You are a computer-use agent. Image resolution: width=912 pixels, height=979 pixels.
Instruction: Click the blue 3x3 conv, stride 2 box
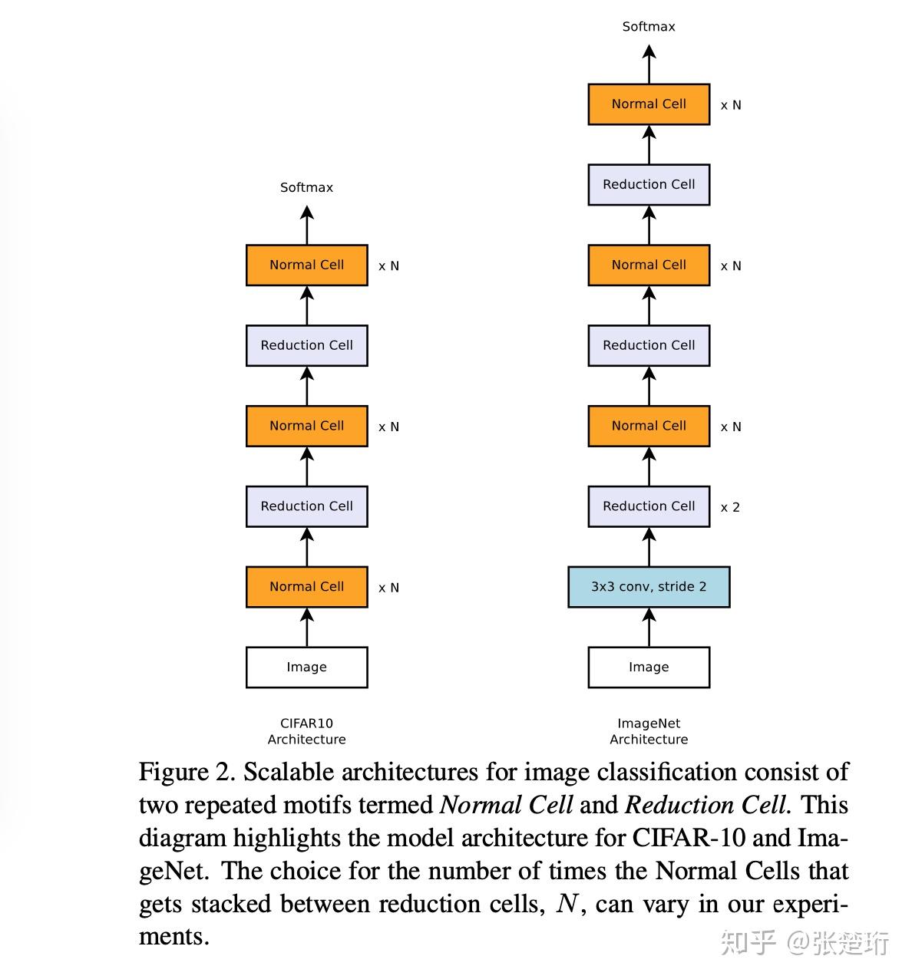pyautogui.click(x=649, y=587)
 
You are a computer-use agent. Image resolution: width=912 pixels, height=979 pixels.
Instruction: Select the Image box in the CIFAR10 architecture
pyautogui.click(x=306, y=667)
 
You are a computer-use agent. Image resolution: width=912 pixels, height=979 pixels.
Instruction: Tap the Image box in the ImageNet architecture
pyautogui.click(x=649, y=667)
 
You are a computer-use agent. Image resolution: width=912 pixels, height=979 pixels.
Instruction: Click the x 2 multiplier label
pyautogui.click(x=730, y=507)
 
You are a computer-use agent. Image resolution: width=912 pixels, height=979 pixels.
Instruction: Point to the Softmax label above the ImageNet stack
pyautogui.click(x=649, y=27)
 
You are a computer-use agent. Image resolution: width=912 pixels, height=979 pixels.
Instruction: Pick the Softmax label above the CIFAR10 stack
pyautogui.click(x=306, y=187)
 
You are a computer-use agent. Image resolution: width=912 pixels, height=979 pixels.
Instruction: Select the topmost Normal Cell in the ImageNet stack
pyautogui.click(x=649, y=104)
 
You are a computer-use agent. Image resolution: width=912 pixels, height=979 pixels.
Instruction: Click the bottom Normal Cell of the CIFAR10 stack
pyautogui.click(x=306, y=587)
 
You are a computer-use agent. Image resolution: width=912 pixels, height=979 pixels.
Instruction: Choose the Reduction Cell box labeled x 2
pyautogui.click(x=649, y=506)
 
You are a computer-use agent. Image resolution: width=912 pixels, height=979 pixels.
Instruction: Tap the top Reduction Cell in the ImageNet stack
pyautogui.click(x=649, y=185)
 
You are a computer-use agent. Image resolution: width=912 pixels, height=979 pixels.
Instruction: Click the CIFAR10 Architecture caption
pyautogui.click(x=306, y=731)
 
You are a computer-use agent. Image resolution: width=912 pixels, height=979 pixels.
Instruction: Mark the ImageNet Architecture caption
pyautogui.click(x=649, y=731)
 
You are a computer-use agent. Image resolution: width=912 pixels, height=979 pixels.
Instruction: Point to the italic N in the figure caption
pyautogui.click(x=567, y=904)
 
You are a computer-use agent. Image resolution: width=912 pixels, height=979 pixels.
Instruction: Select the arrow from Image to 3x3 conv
pyautogui.click(x=649, y=627)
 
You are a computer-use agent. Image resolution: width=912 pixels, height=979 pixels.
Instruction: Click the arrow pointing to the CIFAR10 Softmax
pyautogui.click(x=307, y=226)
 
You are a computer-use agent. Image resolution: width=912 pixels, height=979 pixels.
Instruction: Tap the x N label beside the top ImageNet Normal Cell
pyautogui.click(x=731, y=105)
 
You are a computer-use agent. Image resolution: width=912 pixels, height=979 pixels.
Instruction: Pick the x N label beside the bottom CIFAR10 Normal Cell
pyautogui.click(x=388, y=588)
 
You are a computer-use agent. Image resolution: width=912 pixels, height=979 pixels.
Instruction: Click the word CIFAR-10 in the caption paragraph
pyautogui.click(x=688, y=837)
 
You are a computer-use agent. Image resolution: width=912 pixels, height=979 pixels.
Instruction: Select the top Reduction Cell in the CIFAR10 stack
pyautogui.click(x=306, y=345)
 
